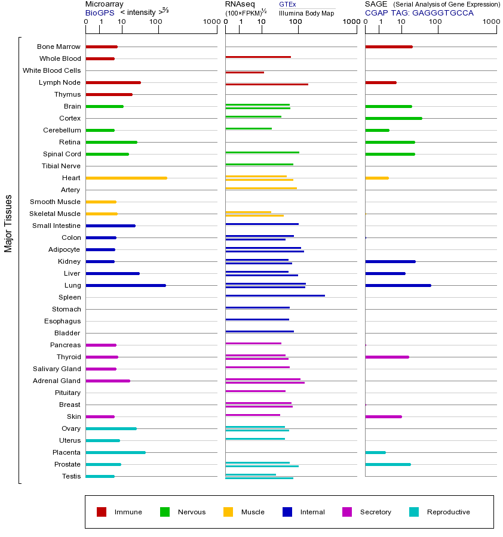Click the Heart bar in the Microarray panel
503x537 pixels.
(126, 178)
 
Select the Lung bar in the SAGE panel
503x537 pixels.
(398, 285)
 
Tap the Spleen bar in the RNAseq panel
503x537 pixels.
(275, 295)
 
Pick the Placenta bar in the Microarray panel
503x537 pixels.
(115, 452)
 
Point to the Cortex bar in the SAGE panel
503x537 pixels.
(393, 118)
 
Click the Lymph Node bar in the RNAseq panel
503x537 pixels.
(266, 84)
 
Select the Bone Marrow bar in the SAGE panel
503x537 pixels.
(388, 47)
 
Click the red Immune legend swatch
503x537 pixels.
(102, 512)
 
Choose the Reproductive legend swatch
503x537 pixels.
(414, 512)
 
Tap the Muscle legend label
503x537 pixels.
(253, 512)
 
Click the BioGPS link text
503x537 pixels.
(99, 13)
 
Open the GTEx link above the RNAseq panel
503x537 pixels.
(287, 4)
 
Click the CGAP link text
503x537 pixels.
(376, 13)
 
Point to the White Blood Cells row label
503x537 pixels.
(51, 70)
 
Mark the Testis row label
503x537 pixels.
(71, 476)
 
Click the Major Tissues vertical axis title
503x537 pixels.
(8, 223)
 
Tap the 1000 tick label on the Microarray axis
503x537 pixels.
(210, 22)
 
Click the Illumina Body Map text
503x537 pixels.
(306, 13)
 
